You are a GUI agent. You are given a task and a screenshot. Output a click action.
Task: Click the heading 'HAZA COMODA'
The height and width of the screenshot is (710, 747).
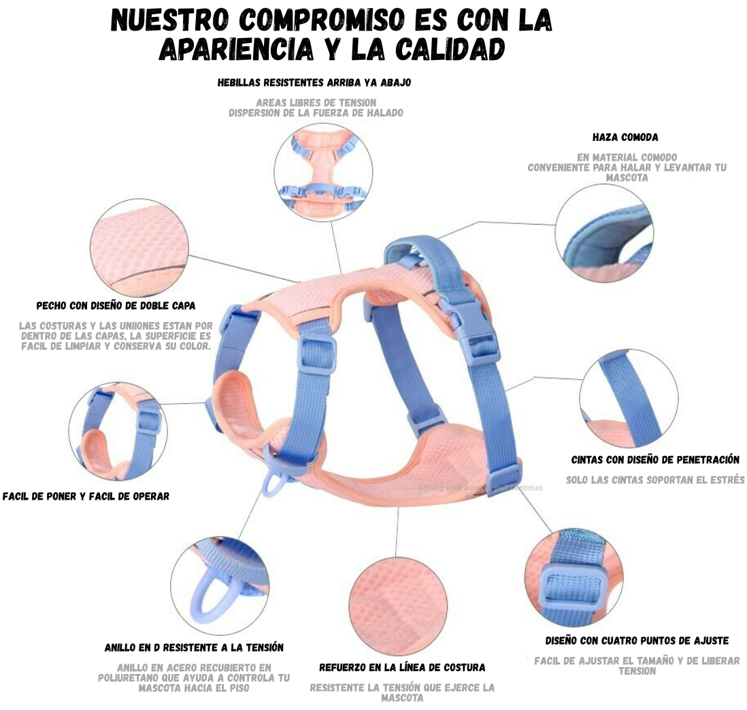pos(625,138)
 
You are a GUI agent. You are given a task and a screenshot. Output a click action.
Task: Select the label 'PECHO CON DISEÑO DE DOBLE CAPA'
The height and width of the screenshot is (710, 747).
pos(116,306)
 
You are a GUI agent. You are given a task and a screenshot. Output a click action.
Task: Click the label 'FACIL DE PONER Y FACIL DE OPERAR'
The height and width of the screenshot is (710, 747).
pos(86,496)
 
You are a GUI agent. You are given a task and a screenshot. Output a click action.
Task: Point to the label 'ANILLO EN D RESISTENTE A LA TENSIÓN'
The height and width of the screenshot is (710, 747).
pos(194,647)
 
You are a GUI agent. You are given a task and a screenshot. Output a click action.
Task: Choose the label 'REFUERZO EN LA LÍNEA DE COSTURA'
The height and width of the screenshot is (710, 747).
pos(402,667)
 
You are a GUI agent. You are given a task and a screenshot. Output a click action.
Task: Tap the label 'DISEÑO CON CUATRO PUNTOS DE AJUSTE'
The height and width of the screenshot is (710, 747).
pos(637,641)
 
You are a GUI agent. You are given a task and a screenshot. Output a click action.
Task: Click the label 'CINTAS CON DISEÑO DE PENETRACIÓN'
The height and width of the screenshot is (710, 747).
pos(655,460)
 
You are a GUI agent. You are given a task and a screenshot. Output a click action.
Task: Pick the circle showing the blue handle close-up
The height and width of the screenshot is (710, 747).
pos(603,233)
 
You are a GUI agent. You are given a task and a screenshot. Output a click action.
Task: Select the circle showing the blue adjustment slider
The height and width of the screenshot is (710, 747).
pos(574,575)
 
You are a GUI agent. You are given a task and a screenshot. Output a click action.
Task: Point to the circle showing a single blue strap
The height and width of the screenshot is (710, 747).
pos(628,398)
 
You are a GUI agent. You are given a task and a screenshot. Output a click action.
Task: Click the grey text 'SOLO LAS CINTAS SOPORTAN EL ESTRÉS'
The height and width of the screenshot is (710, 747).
pos(655,480)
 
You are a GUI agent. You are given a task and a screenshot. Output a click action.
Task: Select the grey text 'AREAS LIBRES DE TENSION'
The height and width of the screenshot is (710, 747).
pos(316,103)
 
